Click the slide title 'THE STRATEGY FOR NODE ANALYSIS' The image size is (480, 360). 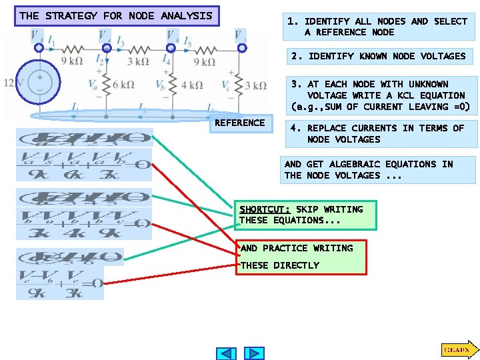click(x=116, y=15)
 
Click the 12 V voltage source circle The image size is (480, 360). click(x=40, y=83)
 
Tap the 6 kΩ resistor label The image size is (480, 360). click(x=123, y=85)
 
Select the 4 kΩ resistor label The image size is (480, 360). click(x=191, y=85)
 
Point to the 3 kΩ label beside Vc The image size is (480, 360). click(x=256, y=85)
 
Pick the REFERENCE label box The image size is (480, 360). click(x=239, y=123)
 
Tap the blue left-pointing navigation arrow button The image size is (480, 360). click(x=227, y=353)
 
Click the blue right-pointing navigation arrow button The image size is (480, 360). click(x=255, y=353)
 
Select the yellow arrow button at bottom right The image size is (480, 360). click(x=457, y=349)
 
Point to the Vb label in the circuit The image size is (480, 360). click(x=161, y=86)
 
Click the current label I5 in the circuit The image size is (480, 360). click(x=189, y=43)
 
